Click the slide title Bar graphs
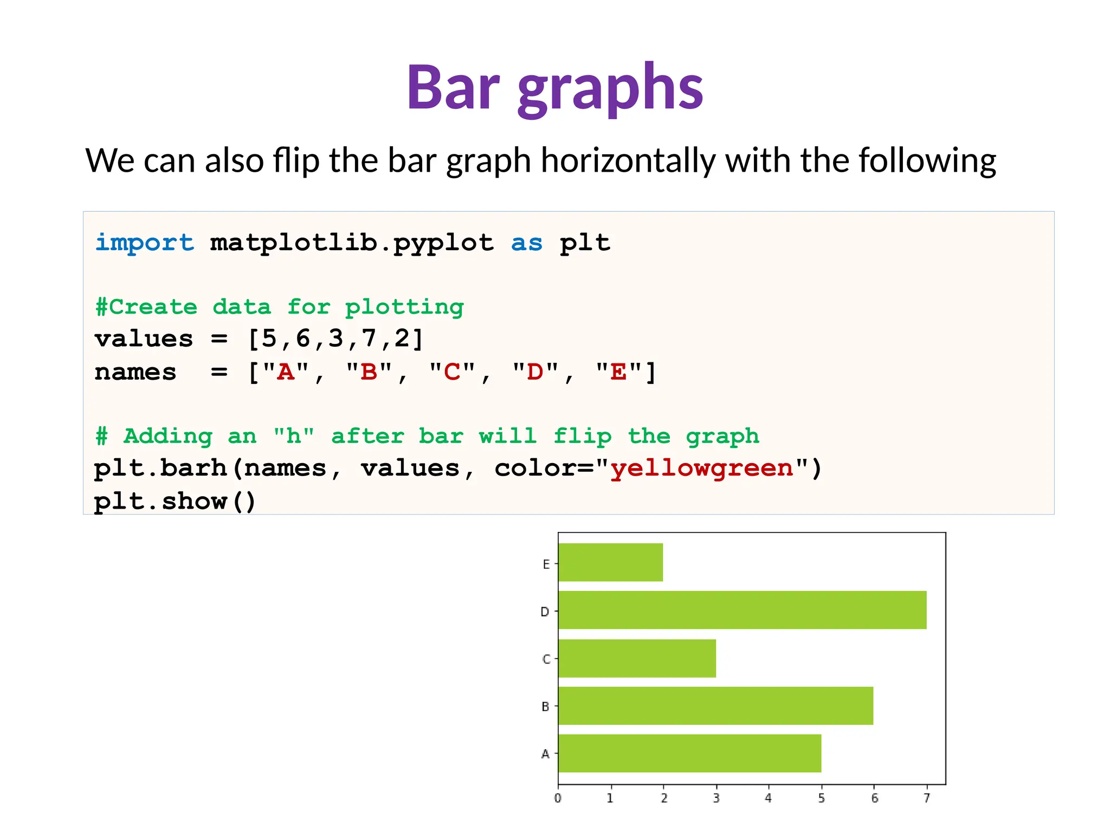point(554,88)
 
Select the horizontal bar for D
point(742,610)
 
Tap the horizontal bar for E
point(610,562)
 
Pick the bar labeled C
point(637,658)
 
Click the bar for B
point(715,706)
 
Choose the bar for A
point(689,753)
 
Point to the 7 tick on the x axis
point(927,798)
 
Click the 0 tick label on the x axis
point(558,798)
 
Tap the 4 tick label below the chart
point(768,798)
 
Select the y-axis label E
point(546,564)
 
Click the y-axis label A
point(545,754)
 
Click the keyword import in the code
point(144,242)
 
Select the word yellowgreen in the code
point(702,468)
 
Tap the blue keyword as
point(526,243)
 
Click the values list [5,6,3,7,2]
point(335,339)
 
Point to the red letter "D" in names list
point(535,372)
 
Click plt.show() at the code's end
point(175,501)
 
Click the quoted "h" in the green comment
point(293,436)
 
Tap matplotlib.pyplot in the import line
point(352,243)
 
